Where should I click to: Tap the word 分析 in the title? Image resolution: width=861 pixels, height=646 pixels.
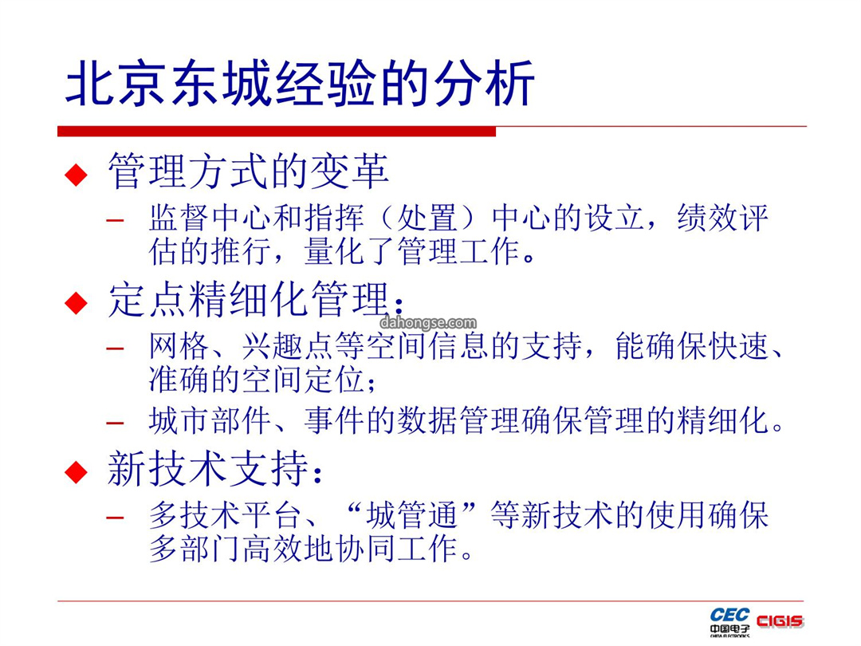(484, 84)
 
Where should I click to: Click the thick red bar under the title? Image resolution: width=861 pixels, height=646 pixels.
(276, 132)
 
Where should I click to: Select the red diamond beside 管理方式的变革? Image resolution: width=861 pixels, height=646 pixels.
(76, 175)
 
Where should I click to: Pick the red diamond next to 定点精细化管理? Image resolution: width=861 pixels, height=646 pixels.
(76, 303)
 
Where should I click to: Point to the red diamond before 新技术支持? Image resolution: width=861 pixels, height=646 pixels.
(76, 472)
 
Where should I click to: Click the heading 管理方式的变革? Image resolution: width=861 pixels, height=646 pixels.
(248, 171)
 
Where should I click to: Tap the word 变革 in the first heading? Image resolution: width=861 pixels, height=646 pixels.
(350, 171)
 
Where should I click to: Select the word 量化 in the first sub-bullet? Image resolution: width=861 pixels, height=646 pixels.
(334, 251)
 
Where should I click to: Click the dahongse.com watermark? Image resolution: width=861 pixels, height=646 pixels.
(428, 322)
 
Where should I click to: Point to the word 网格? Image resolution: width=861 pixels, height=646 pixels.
(179, 346)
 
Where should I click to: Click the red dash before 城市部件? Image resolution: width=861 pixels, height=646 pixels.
(116, 423)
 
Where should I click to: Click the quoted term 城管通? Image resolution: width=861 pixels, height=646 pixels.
(412, 514)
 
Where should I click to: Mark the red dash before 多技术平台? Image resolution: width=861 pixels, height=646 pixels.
(116, 518)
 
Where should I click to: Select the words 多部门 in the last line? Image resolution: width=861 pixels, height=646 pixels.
(195, 548)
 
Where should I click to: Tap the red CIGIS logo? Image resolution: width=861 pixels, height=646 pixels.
(780, 621)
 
